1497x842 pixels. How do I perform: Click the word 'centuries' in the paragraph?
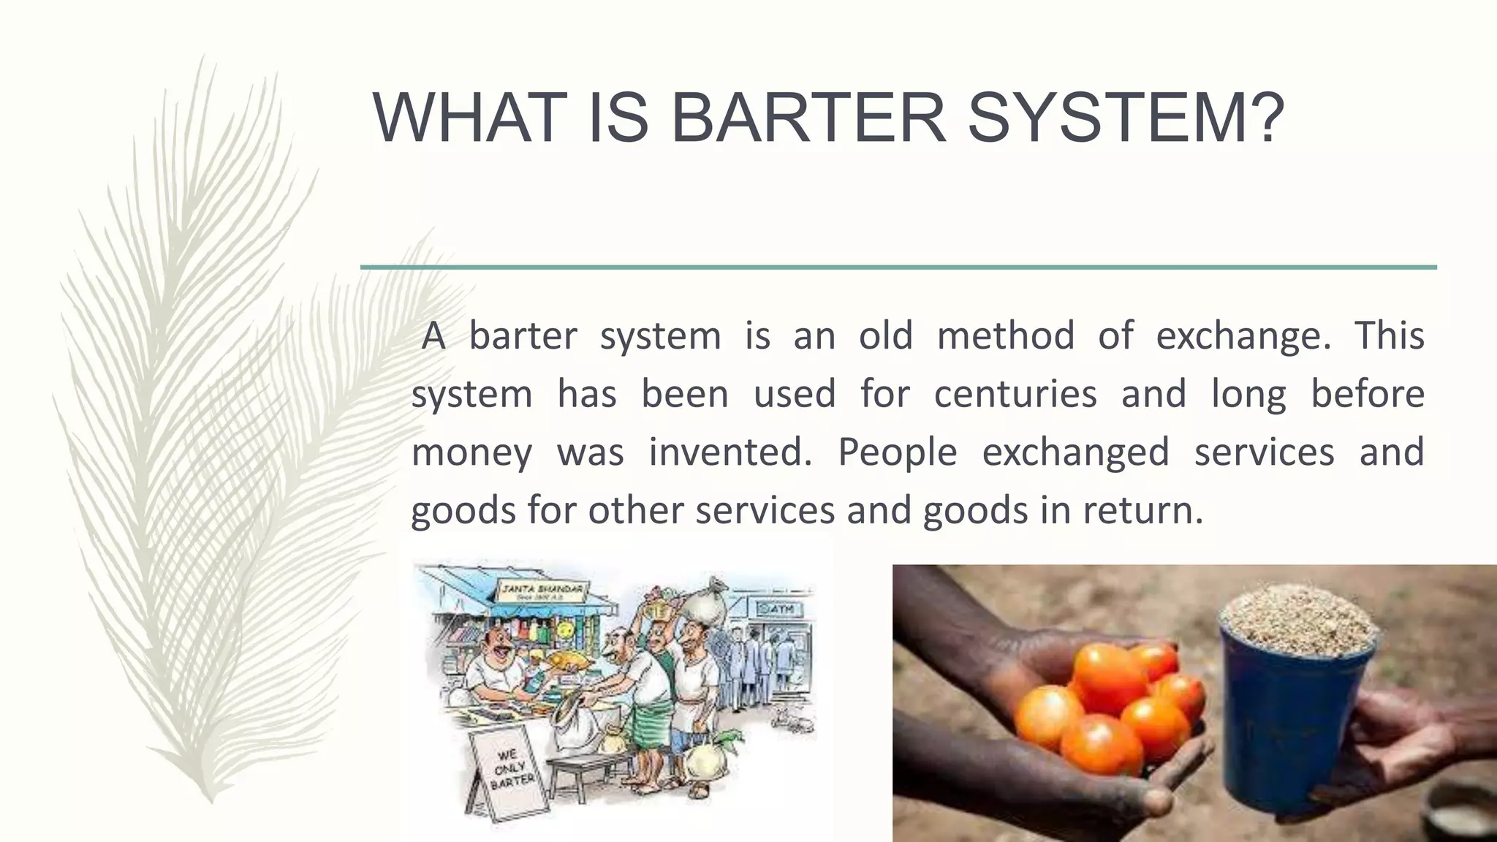point(1015,395)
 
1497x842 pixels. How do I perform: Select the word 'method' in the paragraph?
point(1005,336)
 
